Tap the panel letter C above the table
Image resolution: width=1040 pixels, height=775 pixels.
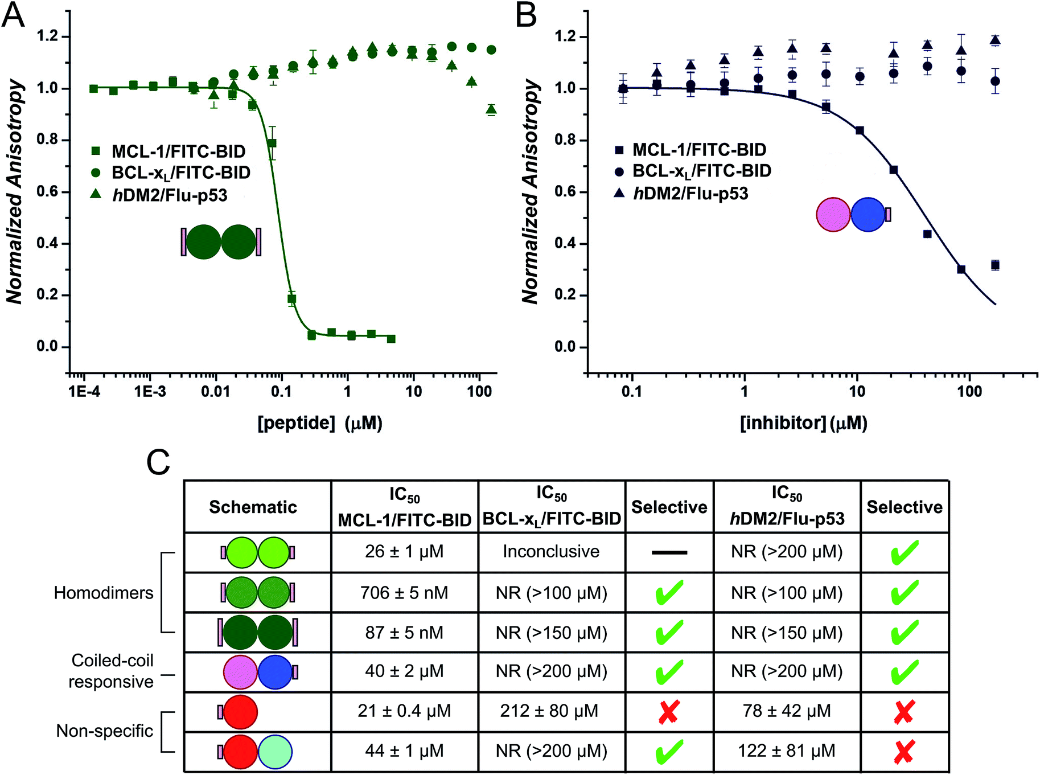tap(158, 462)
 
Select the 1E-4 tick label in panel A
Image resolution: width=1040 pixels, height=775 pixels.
tap(84, 392)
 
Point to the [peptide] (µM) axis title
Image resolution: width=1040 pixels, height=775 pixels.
tap(320, 423)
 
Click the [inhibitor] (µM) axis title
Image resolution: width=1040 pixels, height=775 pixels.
tap(803, 423)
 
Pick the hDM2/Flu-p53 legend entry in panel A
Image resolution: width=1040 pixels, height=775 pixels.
tap(170, 195)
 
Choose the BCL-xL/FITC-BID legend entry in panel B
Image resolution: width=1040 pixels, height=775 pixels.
tap(701, 171)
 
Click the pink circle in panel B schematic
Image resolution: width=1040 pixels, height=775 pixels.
tap(833, 215)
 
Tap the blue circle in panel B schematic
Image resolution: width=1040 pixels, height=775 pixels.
tap(868, 215)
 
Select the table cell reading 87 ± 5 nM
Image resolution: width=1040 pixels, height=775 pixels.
tap(404, 633)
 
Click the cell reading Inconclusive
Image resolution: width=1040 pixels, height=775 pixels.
tap(551, 551)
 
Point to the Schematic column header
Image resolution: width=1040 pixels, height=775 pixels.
tap(253, 507)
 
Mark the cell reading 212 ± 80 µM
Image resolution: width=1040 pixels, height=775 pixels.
tap(549, 711)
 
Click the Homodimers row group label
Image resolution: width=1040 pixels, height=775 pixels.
tap(104, 593)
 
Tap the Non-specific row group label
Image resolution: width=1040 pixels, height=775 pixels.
tap(105, 731)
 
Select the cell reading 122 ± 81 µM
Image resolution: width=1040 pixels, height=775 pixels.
tap(787, 751)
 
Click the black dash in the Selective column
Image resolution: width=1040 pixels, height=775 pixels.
tap(669, 552)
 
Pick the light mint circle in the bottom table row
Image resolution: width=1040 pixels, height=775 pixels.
tap(275, 752)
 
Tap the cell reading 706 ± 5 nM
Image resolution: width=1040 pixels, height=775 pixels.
tap(404, 593)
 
